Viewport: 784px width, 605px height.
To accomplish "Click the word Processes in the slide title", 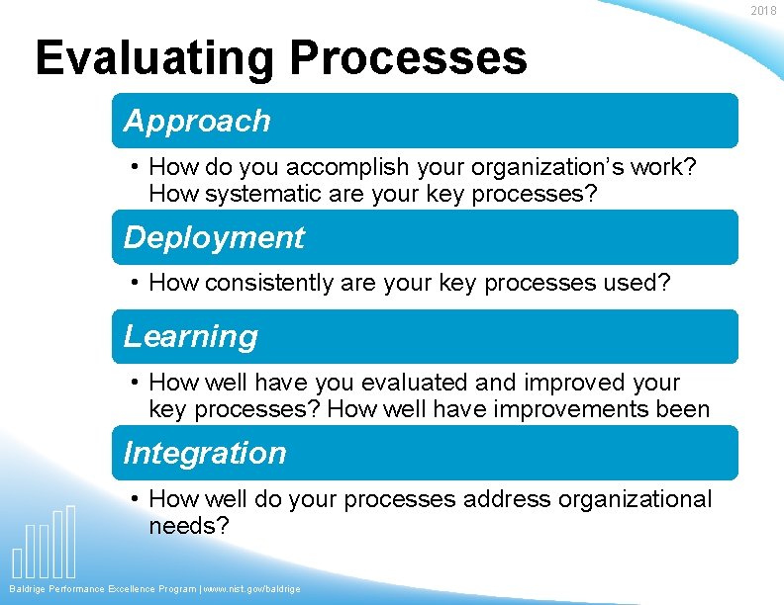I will tap(408, 58).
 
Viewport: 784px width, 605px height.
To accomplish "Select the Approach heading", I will tap(197, 121).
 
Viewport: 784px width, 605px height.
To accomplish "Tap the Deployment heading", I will tap(214, 237).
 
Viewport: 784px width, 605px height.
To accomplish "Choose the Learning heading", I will tap(190, 336).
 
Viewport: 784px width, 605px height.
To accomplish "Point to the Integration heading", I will tap(205, 453).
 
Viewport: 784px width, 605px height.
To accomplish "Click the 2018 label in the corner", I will tap(763, 10).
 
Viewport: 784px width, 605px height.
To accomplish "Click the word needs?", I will tap(188, 526).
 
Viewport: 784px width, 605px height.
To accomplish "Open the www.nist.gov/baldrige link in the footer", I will tap(252, 589).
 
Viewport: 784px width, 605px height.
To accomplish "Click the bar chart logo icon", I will tap(44, 543).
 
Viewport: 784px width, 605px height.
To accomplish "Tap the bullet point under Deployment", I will tap(135, 284).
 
